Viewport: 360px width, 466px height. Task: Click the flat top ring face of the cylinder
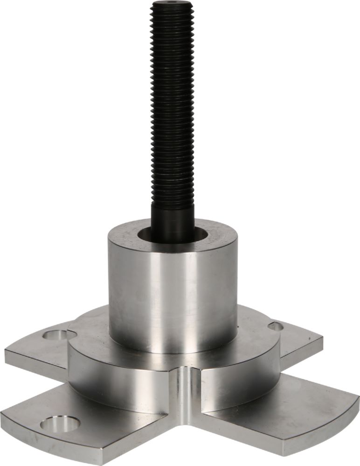coord(224,238)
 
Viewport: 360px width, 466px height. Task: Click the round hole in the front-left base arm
coord(60,424)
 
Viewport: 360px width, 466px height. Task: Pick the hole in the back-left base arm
coord(55,334)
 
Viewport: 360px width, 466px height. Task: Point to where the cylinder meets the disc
coord(173,352)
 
